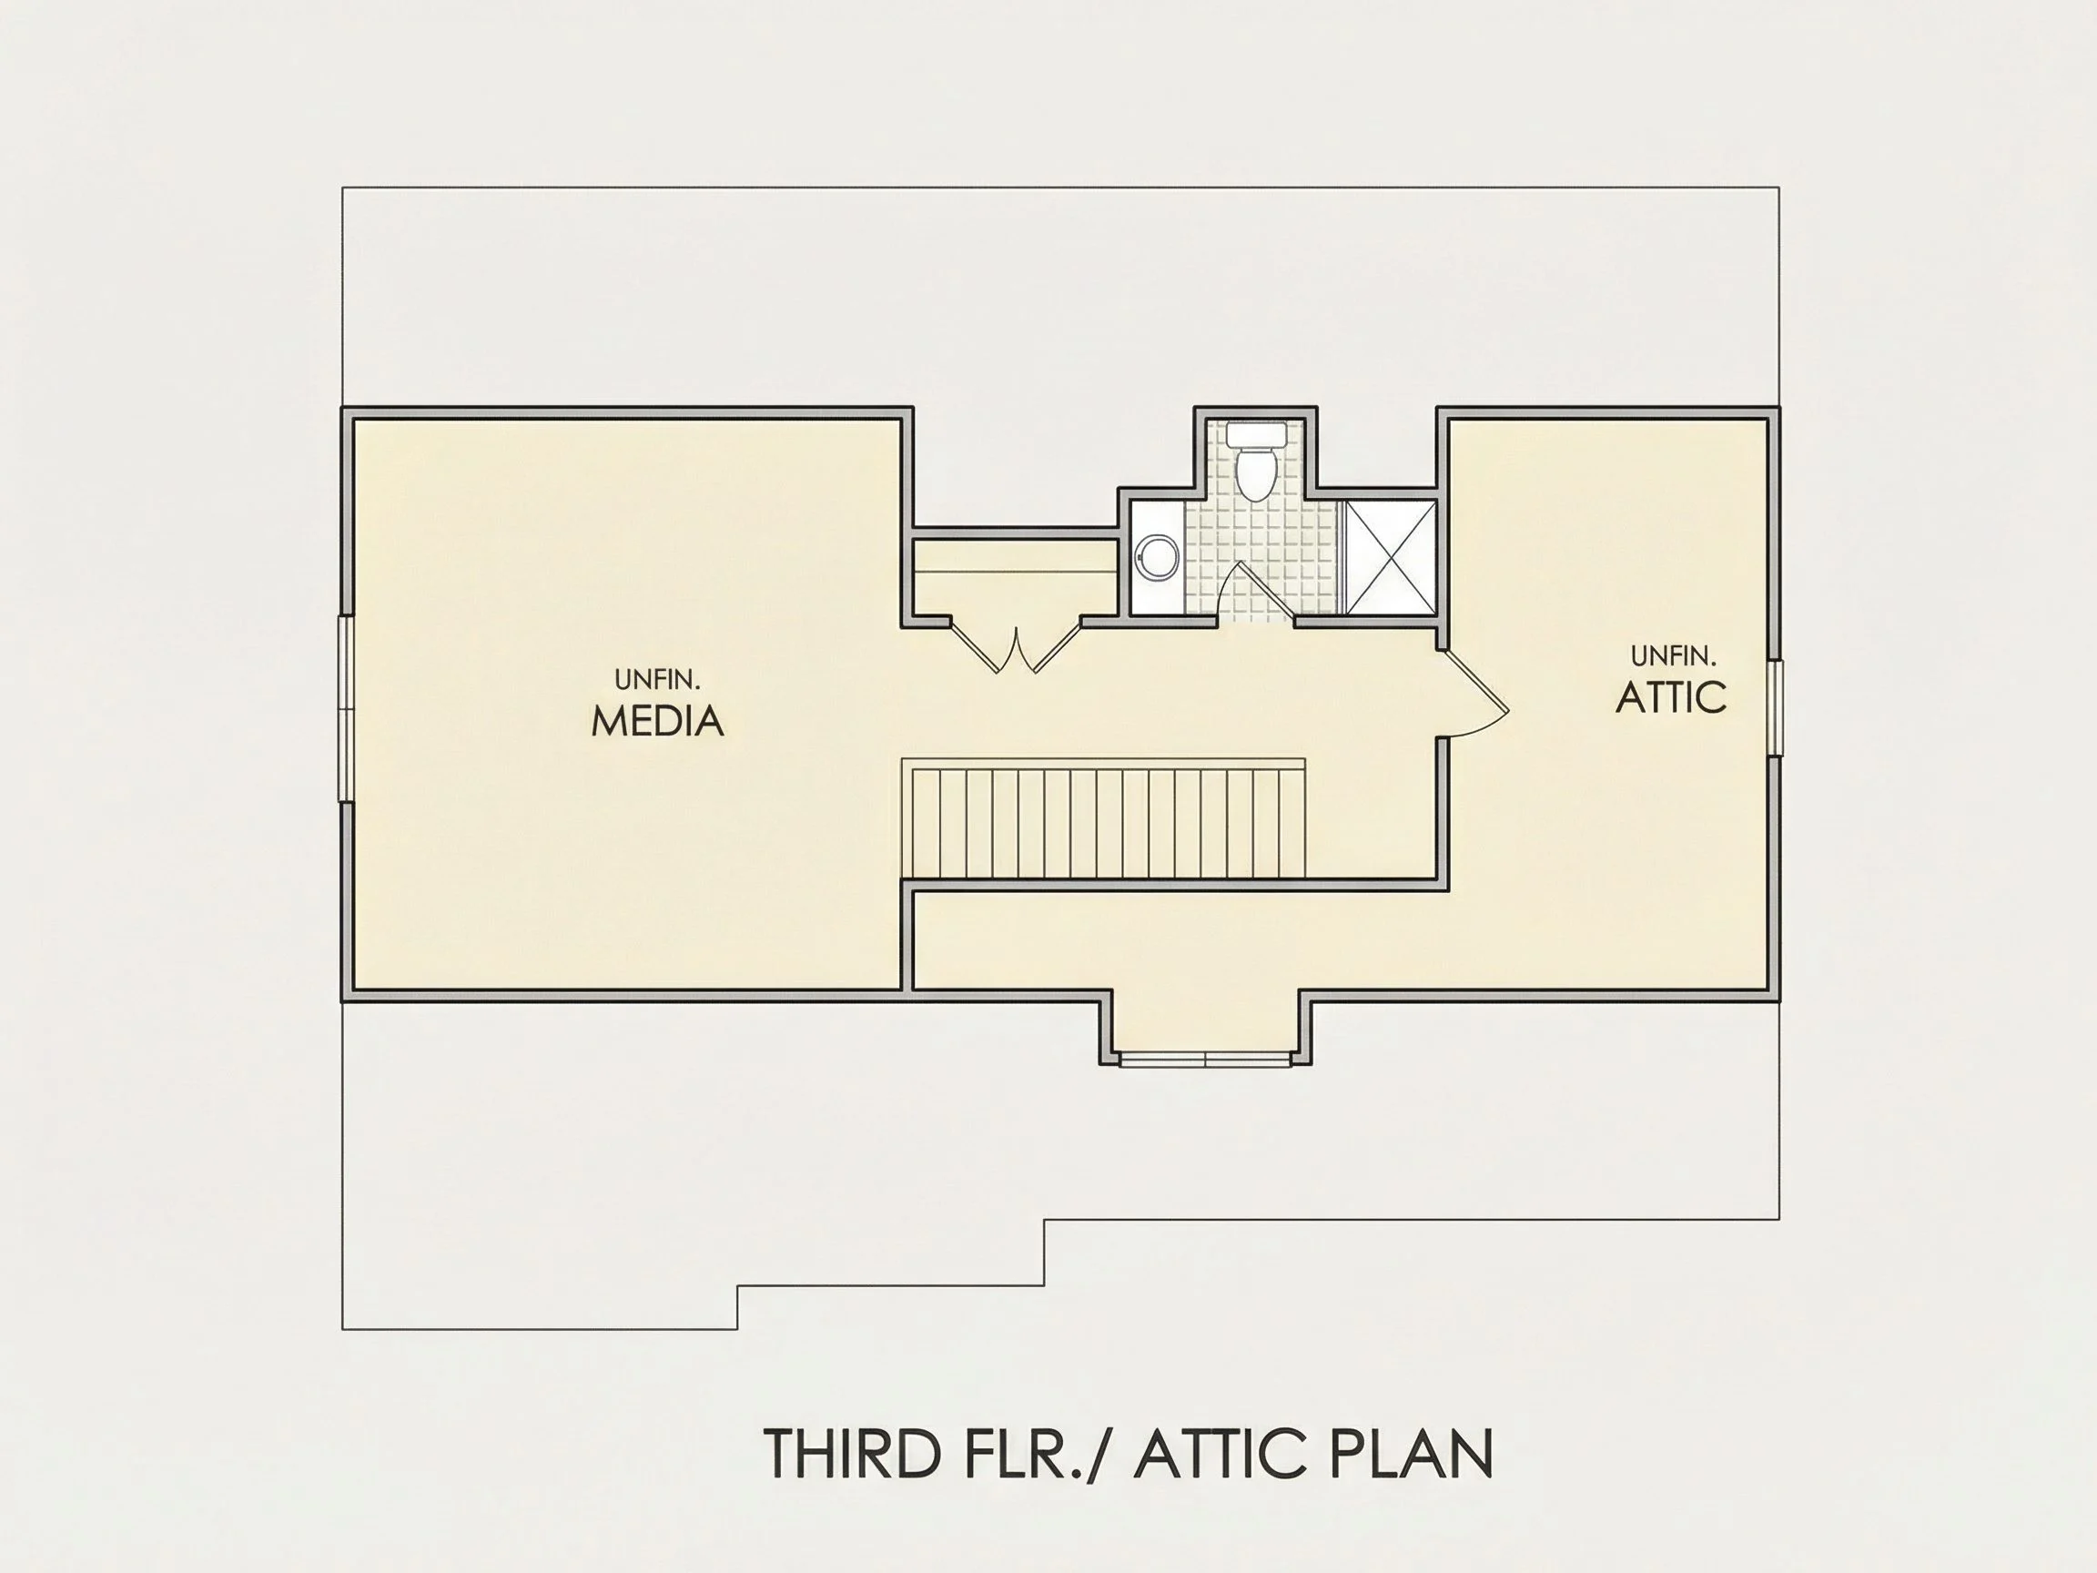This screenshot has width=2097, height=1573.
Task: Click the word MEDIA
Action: point(657,722)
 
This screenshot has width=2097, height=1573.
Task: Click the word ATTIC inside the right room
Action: point(1670,697)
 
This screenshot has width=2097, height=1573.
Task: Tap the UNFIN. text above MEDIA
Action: point(657,679)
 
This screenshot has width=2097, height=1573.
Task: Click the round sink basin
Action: point(1158,556)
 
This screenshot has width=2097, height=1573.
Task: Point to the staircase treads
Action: point(1109,823)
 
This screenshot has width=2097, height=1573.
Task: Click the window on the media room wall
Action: point(347,709)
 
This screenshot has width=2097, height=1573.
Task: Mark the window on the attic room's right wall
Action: point(1775,708)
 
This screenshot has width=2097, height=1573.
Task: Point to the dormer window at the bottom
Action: point(1207,1059)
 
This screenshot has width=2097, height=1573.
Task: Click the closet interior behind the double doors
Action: point(1015,577)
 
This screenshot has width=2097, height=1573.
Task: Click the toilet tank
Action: point(1256,435)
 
